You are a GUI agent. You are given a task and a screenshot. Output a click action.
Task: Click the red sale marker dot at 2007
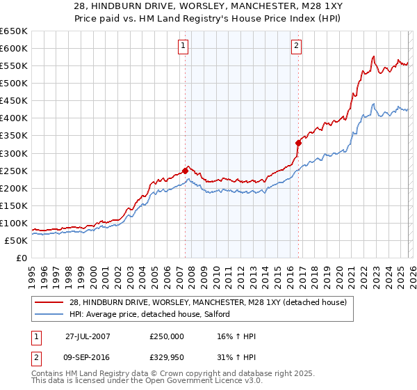(185, 170)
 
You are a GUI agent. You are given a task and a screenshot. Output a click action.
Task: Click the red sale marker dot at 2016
(298, 142)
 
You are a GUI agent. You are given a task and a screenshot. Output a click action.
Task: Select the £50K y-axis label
(16, 240)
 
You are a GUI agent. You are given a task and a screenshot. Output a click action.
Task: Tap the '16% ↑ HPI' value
(236, 336)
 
